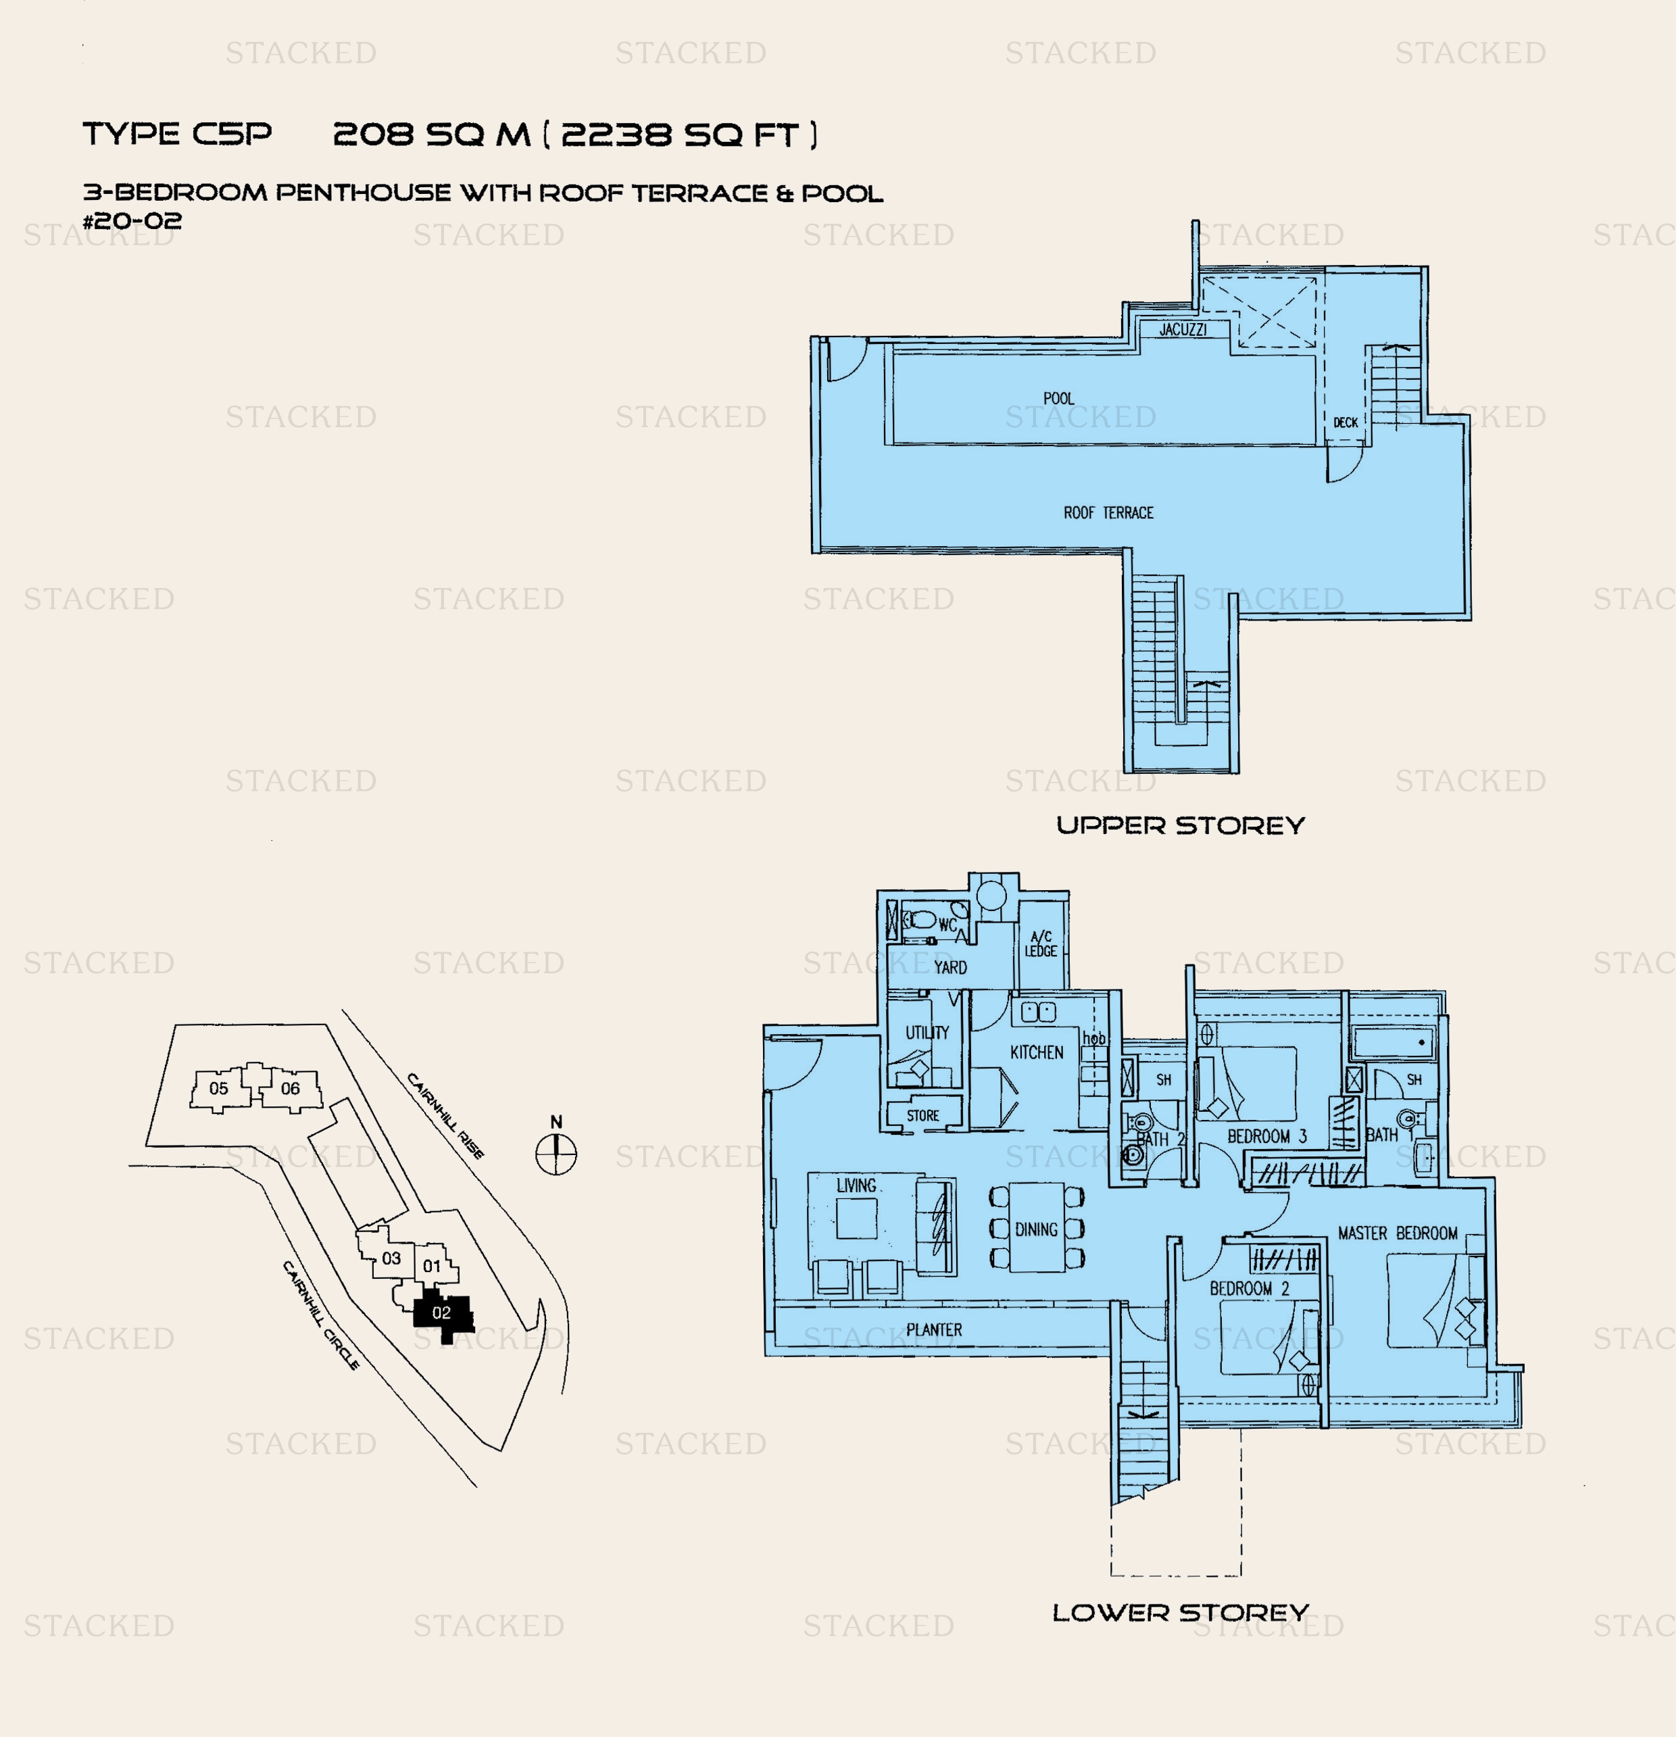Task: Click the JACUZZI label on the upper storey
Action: [1183, 330]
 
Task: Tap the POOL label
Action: [1058, 399]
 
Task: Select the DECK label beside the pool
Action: [1346, 422]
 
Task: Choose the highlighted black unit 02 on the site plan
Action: [442, 1315]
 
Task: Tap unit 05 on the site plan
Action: [219, 1088]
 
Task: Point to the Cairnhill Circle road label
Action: [321, 1315]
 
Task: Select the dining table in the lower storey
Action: [1036, 1227]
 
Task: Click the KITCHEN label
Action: [1036, 1053]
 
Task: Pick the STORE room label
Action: [922, 1116]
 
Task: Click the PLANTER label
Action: [933, 1330]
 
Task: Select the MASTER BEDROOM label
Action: [1398, 1233]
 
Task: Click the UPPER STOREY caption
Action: [1181, 826]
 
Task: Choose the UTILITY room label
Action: [927, 1033]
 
